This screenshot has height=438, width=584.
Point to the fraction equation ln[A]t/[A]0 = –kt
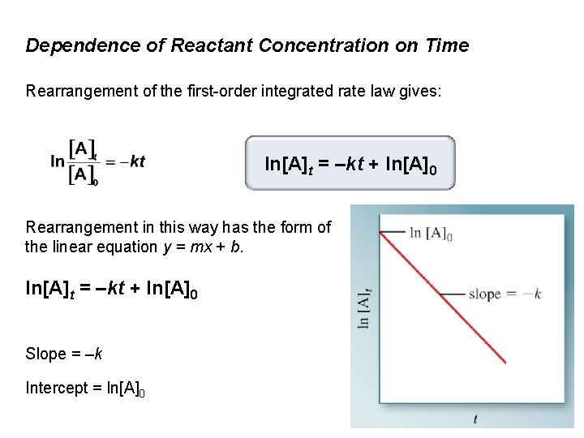97,162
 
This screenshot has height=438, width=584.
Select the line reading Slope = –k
64,354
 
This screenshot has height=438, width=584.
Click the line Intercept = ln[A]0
85,389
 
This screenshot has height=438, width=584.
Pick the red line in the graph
442,297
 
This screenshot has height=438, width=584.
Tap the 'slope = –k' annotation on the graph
505,294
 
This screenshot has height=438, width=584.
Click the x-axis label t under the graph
475,419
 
